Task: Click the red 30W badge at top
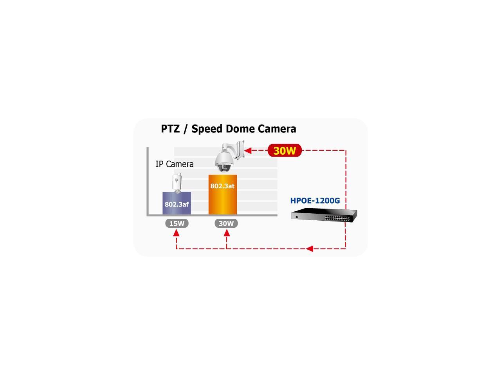pyautogui.click(x=285, y=150)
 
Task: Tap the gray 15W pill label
pyautogui.click(x=177, y=223)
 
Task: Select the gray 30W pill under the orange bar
pyautogui.click(x=226, y=223)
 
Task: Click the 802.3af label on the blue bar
pyautogui.click(x=177, y=204)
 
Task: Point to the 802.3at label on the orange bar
pyautogui.click(x=222, y=186)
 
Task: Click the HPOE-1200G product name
pyautogui.click(x=315, y=201)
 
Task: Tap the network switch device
pyautogui.click(x=324, y=216)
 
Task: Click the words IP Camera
pyautogui.click(x=175, y=164)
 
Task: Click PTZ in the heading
pyautogui.click(x=170, y=129)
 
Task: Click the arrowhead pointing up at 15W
pyautogui.click(x=177, y=233)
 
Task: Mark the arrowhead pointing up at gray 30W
pyautogui.click(x=226, y=233)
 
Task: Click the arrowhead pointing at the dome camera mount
pyautogui.click(x=248, y=150)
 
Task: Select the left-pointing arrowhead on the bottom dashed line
pyautogui.click(x=310, y=248)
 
